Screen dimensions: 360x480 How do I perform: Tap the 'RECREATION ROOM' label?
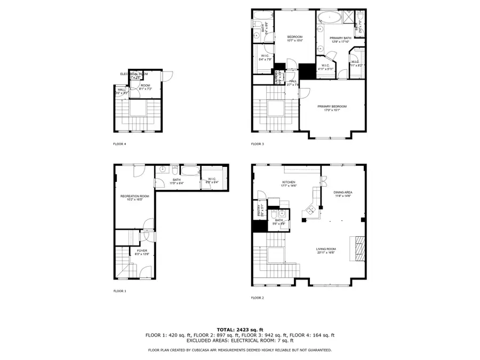click(x=130, y=198)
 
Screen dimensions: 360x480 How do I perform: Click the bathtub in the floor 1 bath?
click(x=188, y=170)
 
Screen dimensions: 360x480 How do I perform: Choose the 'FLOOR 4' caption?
click(x=119, y=144)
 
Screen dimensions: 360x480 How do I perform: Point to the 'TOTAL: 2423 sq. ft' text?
click(x=240, y=329)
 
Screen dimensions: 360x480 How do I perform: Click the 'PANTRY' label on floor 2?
click(x=259, y=210)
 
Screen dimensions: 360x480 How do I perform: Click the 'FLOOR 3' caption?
click(x=258, y=144)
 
